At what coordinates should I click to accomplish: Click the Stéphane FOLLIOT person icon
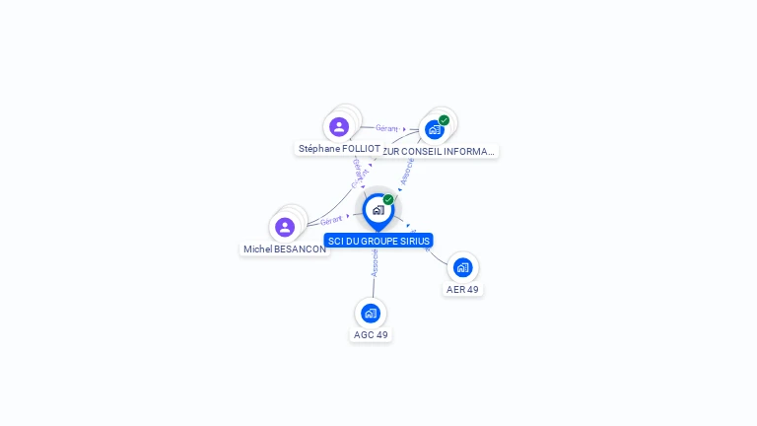pos(339,126)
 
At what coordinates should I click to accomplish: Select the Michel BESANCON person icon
pos(285,227)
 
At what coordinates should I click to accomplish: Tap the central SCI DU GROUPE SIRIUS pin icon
pos(378,210)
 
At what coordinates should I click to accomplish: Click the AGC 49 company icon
pos(371,314)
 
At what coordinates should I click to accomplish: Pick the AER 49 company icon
pos(462,267)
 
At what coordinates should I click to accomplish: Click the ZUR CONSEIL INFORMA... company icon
pos(434,129)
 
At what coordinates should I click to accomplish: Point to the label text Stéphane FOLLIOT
pos(339,149)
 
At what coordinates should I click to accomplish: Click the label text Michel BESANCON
pos(285,249)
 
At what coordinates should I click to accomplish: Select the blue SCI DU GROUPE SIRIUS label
pos(378,241)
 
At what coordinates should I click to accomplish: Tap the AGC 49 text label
pos(371,335)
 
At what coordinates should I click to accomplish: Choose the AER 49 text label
pos(462,290)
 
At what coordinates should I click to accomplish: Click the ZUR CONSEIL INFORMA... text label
pos(438,152)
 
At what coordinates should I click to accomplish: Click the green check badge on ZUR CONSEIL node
pos(445,120)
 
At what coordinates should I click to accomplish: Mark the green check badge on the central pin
pos(388,200)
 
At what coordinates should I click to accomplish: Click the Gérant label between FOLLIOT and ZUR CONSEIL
pos(386,128)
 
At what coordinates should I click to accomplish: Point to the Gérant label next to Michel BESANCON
pos(331,221)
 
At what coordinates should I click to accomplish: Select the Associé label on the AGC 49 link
pos(375,262)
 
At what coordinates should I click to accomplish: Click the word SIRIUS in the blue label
pos(414,241)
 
